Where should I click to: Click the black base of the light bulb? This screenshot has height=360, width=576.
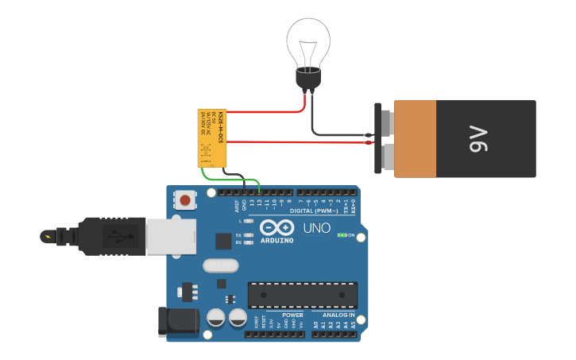click(x=308, y=79)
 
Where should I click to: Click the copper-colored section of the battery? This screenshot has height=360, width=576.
click(x=415, y=139)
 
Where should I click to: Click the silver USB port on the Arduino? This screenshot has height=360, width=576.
click(x=171, y=236)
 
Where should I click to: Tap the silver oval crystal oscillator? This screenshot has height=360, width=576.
click(x=220, y=265)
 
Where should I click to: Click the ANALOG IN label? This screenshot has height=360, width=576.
click(x=338, y=315)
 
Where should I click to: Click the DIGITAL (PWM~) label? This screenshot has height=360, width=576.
click(x=311, y=211)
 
